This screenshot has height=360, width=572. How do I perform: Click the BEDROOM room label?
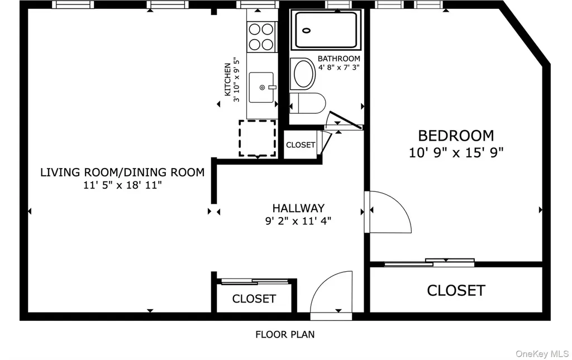coord(456,136)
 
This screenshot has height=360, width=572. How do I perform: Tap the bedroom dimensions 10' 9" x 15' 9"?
coord(456,152)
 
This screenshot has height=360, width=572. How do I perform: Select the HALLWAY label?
coord(298,208)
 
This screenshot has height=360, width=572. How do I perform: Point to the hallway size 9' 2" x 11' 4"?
coord(298,221)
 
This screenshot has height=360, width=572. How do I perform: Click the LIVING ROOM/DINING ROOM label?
coord(122,172)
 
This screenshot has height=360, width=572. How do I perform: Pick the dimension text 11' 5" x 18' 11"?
coord(122,185)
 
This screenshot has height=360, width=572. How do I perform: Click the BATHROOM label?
coord(339,58)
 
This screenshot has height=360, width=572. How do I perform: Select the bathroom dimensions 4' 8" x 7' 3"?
coord(339,67)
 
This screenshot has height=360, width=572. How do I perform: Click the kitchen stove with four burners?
coord(261,36)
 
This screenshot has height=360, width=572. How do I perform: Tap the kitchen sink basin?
coord(261,88)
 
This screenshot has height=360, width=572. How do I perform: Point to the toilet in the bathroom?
coord(308,103)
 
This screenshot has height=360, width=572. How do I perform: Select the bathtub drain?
coord(307,31)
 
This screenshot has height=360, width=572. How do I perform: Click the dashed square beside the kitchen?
coord(257,138)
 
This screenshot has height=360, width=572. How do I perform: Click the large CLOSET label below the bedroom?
coord(456,290)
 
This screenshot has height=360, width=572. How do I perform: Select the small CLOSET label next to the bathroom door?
coord(301,145)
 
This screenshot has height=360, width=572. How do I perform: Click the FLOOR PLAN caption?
coord(285,334)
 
